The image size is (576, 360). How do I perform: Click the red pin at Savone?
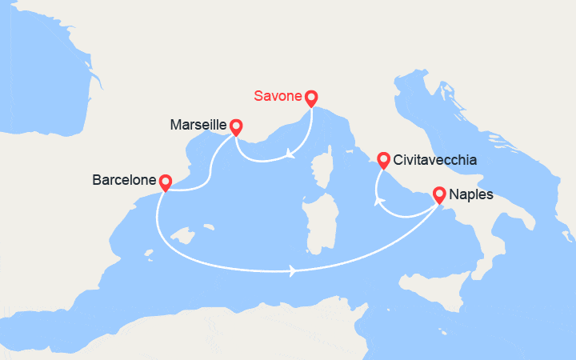point(311,98)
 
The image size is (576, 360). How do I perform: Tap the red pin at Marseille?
point(236,126)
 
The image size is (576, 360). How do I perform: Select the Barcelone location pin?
point(165,182)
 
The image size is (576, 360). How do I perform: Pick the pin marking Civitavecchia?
point(383,160)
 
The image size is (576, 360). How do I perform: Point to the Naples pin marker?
point(439,194)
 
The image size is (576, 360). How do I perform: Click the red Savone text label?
point(278,97)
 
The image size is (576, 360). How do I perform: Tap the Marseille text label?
point(198,126)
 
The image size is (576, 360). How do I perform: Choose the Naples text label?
point(472,194)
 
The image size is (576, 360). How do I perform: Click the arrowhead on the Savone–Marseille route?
point(290,154)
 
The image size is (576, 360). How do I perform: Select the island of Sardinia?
point(318,223)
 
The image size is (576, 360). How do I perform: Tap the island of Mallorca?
point(185,238)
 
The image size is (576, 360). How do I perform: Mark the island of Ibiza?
point(150,256)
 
